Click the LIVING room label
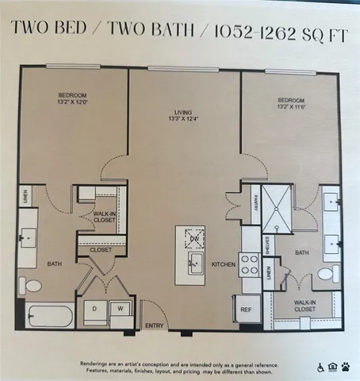(x=184, y=112)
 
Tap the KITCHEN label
(x=222, y=263)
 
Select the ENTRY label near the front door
(x=152, y=325)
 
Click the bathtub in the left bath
(x=46, y=315)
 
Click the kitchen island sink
(x=193, y=261)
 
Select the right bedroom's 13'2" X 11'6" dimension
(x=293, y=106)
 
